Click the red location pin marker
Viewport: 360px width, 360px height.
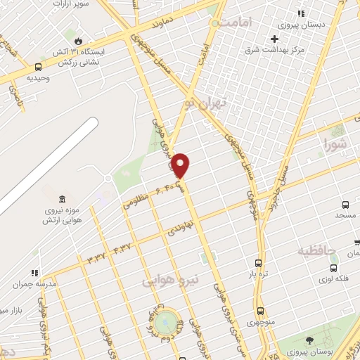click(x=181, y=165)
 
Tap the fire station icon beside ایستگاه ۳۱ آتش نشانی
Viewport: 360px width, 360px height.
click(x=78, y=41)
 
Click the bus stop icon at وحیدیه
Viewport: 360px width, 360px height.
click(x=37, y=67)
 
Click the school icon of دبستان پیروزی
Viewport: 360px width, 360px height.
click(x=301, y=13)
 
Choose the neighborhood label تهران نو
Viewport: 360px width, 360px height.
click(x=202, y=103)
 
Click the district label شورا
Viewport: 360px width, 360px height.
click(x=335, y=146)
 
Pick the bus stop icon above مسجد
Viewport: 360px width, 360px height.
click(x=344, y=203)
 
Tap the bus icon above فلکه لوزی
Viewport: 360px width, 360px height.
click(x=333, y=267)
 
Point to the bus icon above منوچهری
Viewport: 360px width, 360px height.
click(x=260, y=310)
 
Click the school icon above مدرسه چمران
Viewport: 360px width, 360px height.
click(x=33, y=273)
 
